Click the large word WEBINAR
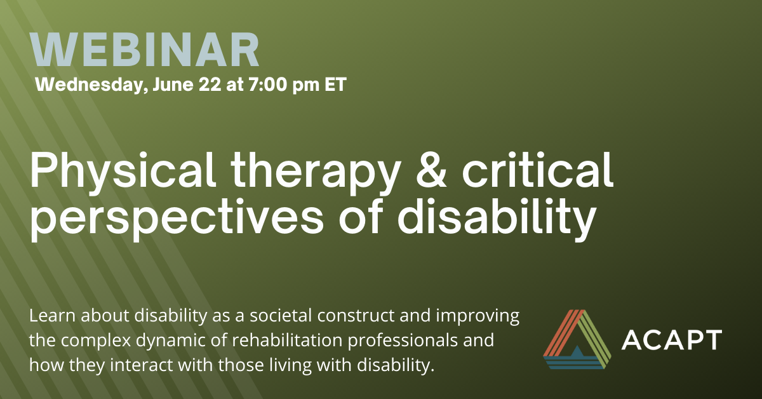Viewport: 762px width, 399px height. pyautogui.click(x=145, y=50)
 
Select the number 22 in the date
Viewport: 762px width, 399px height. pyautogui.click(x=210, y=84)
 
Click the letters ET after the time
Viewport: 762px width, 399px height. pyautogui.click(x=335, y=84)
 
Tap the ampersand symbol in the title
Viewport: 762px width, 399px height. pyautogui.click(x=431, y=170)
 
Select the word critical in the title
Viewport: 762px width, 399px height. pyautogui.click(x=537, y=169)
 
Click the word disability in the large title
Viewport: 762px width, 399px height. pyautogui.click(x=497, y=218)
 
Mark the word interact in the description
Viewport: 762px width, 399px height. pyautogui.click(x=141, y=365)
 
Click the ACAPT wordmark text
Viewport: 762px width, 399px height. pyautogui.click(x=672, y=340)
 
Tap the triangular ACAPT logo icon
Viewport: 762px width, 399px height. pyautogui.click(x=577, y=339)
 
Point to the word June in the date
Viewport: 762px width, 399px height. pyautogui.click(x=173, y=84)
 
